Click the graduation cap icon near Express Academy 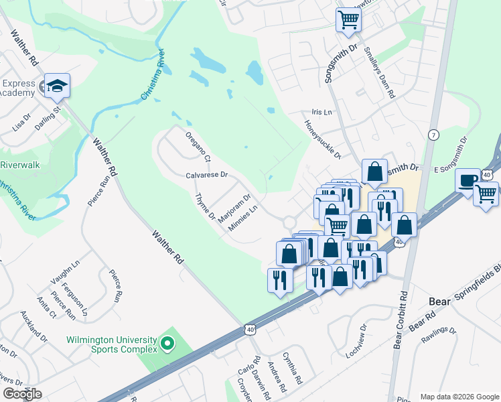coord(58,86)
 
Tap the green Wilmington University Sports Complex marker coord(168,345)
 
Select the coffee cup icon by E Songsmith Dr coord(468,180)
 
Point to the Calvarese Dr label coord(207,175)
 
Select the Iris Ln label coord(322,113)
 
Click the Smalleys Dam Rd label coord(378,72)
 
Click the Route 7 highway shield coord(434,134)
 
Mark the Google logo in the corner coord(22,394)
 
